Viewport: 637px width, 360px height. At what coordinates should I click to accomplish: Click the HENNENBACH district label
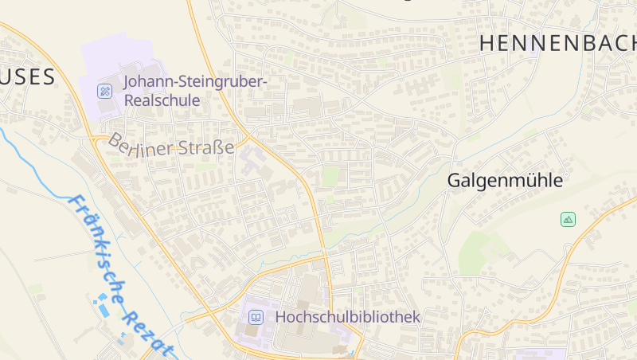click(557, 44)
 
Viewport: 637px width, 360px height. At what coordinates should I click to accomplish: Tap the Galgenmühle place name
click(505, 181)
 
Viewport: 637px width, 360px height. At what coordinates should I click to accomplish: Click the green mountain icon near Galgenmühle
click(568, 219)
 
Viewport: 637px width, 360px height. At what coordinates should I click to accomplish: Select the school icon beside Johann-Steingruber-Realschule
click(105, 91)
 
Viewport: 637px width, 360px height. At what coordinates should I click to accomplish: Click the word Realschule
click(162, 101)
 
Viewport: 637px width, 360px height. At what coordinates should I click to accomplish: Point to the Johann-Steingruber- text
click(195, 81)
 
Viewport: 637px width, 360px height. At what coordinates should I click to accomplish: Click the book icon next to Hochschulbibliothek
click(256, 317)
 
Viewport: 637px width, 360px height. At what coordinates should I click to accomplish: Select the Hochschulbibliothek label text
click(347, 317)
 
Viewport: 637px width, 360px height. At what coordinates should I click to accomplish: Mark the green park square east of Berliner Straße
click(330, 176)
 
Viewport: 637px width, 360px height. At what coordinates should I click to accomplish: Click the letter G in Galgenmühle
click(454, 181)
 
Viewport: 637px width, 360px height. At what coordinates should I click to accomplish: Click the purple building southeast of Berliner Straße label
click(253, 159)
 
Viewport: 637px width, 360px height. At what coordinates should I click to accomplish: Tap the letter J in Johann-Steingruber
click(127, 81)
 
